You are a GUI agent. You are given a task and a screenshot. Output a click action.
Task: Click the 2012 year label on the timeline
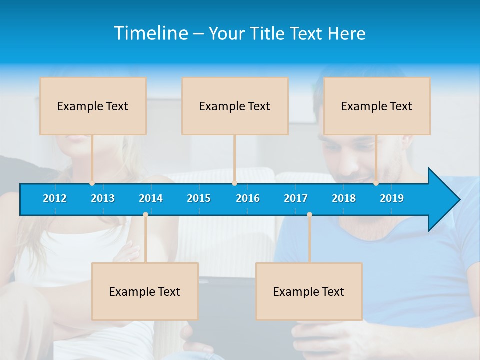55,198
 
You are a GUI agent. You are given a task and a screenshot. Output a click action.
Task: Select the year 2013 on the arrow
103,198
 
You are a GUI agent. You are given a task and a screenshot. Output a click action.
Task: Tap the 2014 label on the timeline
151,198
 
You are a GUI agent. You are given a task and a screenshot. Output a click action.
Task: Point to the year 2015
199,198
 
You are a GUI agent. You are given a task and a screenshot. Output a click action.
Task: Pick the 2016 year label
248,198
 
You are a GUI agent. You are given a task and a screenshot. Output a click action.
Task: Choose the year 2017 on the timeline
296,198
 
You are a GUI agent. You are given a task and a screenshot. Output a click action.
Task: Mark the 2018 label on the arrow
344,198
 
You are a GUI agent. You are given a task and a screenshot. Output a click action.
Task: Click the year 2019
392,198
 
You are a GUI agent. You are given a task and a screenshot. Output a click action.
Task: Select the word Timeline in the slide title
151,33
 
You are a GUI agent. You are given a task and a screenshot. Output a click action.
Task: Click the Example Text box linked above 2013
93,106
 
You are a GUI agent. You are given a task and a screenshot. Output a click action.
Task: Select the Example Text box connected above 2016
235,106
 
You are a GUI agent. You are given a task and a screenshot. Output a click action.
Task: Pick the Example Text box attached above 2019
377,106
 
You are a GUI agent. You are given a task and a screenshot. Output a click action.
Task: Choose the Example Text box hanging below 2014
145,291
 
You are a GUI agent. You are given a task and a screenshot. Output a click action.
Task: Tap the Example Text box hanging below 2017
309,291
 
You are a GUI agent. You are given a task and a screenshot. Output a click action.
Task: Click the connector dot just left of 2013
92,183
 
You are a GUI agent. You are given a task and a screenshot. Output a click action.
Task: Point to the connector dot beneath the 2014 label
145,215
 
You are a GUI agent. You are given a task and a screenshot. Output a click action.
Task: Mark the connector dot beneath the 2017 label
309,215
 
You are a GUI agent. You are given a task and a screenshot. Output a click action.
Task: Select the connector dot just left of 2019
376,183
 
